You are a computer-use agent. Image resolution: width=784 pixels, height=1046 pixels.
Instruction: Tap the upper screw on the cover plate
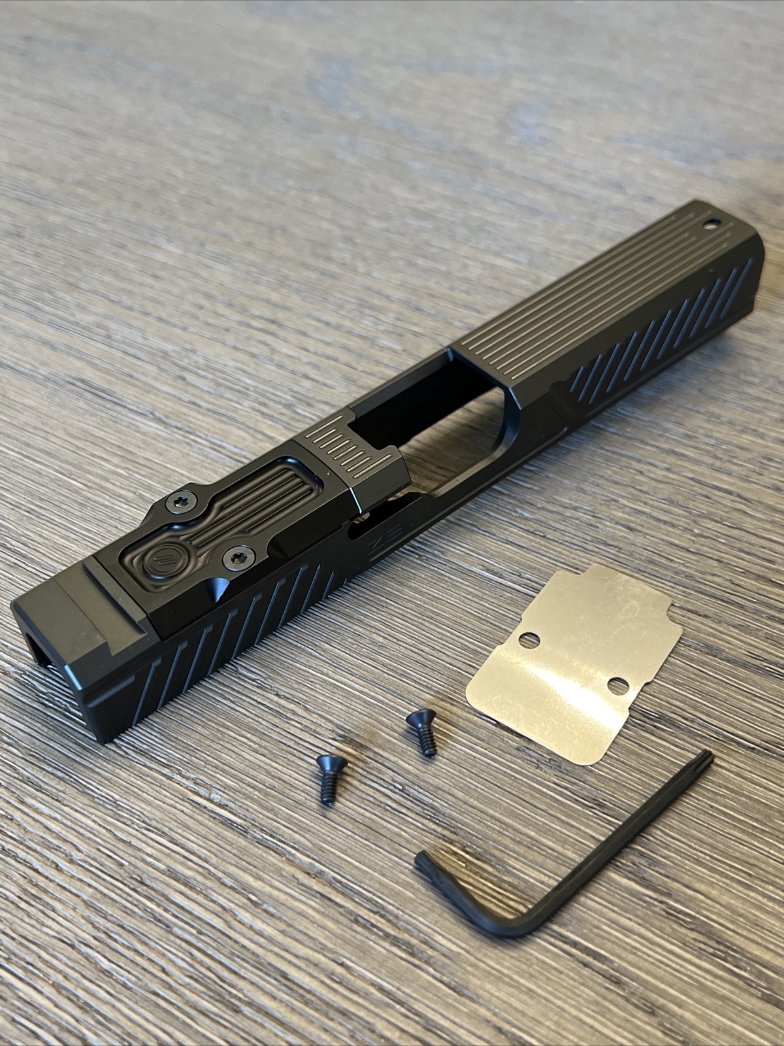click(x=178, y=502)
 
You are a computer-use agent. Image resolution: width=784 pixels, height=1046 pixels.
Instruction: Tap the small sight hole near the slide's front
click(x=708, y=226)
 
